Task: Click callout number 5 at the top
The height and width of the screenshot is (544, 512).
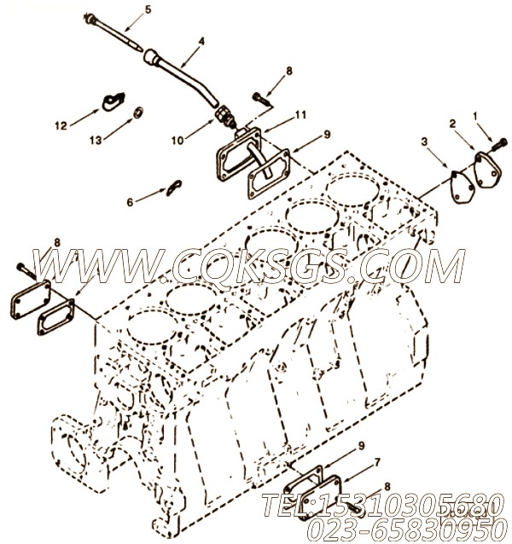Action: tap(148, 9)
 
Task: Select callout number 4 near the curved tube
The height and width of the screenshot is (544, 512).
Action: tap(201, 41)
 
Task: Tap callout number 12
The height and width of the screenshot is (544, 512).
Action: tap(61, 125)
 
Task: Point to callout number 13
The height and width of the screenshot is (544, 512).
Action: tap(96, 140)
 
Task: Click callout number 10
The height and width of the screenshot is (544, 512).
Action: tap(177, 141)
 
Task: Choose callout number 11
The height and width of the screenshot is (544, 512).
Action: tap(300, 114)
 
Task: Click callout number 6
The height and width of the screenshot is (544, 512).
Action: tap(130, 202)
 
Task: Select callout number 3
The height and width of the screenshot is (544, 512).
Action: tap(424, 142)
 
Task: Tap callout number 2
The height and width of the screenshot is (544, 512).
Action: tap(452, 123)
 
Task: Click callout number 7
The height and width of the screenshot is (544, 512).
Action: tap(377, 462)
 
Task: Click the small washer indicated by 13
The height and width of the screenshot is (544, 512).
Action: tap(139, 112)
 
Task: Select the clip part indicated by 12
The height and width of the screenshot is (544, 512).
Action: tap(113, 101)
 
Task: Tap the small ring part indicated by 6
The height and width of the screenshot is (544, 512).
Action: tap(174, 188)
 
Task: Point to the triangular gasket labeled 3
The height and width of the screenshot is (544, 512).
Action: tap(463, 186)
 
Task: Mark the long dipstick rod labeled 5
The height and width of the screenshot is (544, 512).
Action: tap(113, 33)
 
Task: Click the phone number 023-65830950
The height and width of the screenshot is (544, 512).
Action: tap(405, 530)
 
